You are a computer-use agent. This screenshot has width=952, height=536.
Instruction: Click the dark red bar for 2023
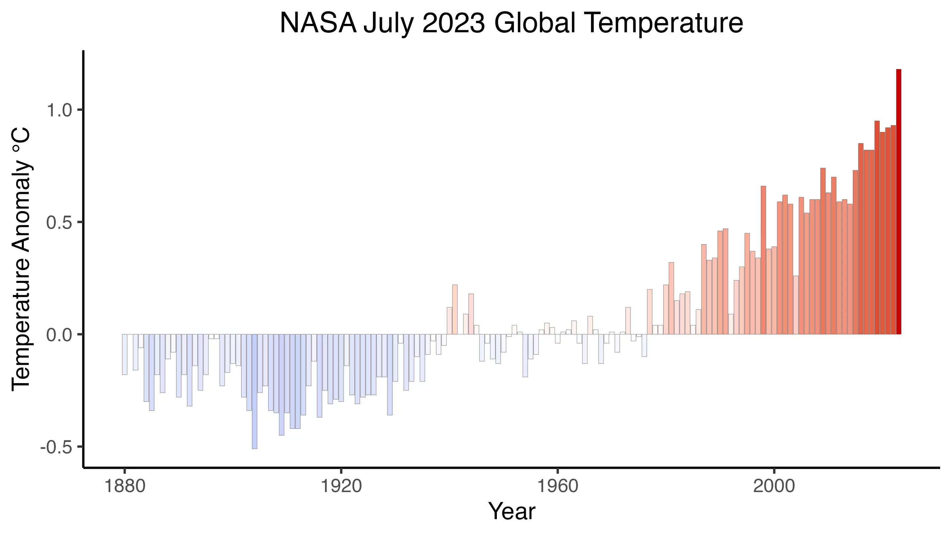pos(898,201)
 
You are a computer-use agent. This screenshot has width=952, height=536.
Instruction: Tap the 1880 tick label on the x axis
pos(125,486)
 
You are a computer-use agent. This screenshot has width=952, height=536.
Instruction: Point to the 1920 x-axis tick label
pos(341,486)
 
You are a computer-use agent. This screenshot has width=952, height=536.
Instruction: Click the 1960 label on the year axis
pos(557,486)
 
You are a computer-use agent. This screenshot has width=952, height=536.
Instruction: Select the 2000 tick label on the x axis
pos(774,486)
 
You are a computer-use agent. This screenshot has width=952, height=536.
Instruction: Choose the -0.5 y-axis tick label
pos(56,448)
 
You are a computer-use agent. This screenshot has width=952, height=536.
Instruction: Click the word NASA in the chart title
pos(318,23)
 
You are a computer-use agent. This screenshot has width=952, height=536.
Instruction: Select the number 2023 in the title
pos(453,23)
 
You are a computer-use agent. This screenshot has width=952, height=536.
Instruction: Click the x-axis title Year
pos(511,511)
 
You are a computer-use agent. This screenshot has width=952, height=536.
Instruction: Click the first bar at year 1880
pos(125,354)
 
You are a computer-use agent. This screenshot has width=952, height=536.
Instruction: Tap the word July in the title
pos(389,23)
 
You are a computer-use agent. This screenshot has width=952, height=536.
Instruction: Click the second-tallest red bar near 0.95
pos(877,228)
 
